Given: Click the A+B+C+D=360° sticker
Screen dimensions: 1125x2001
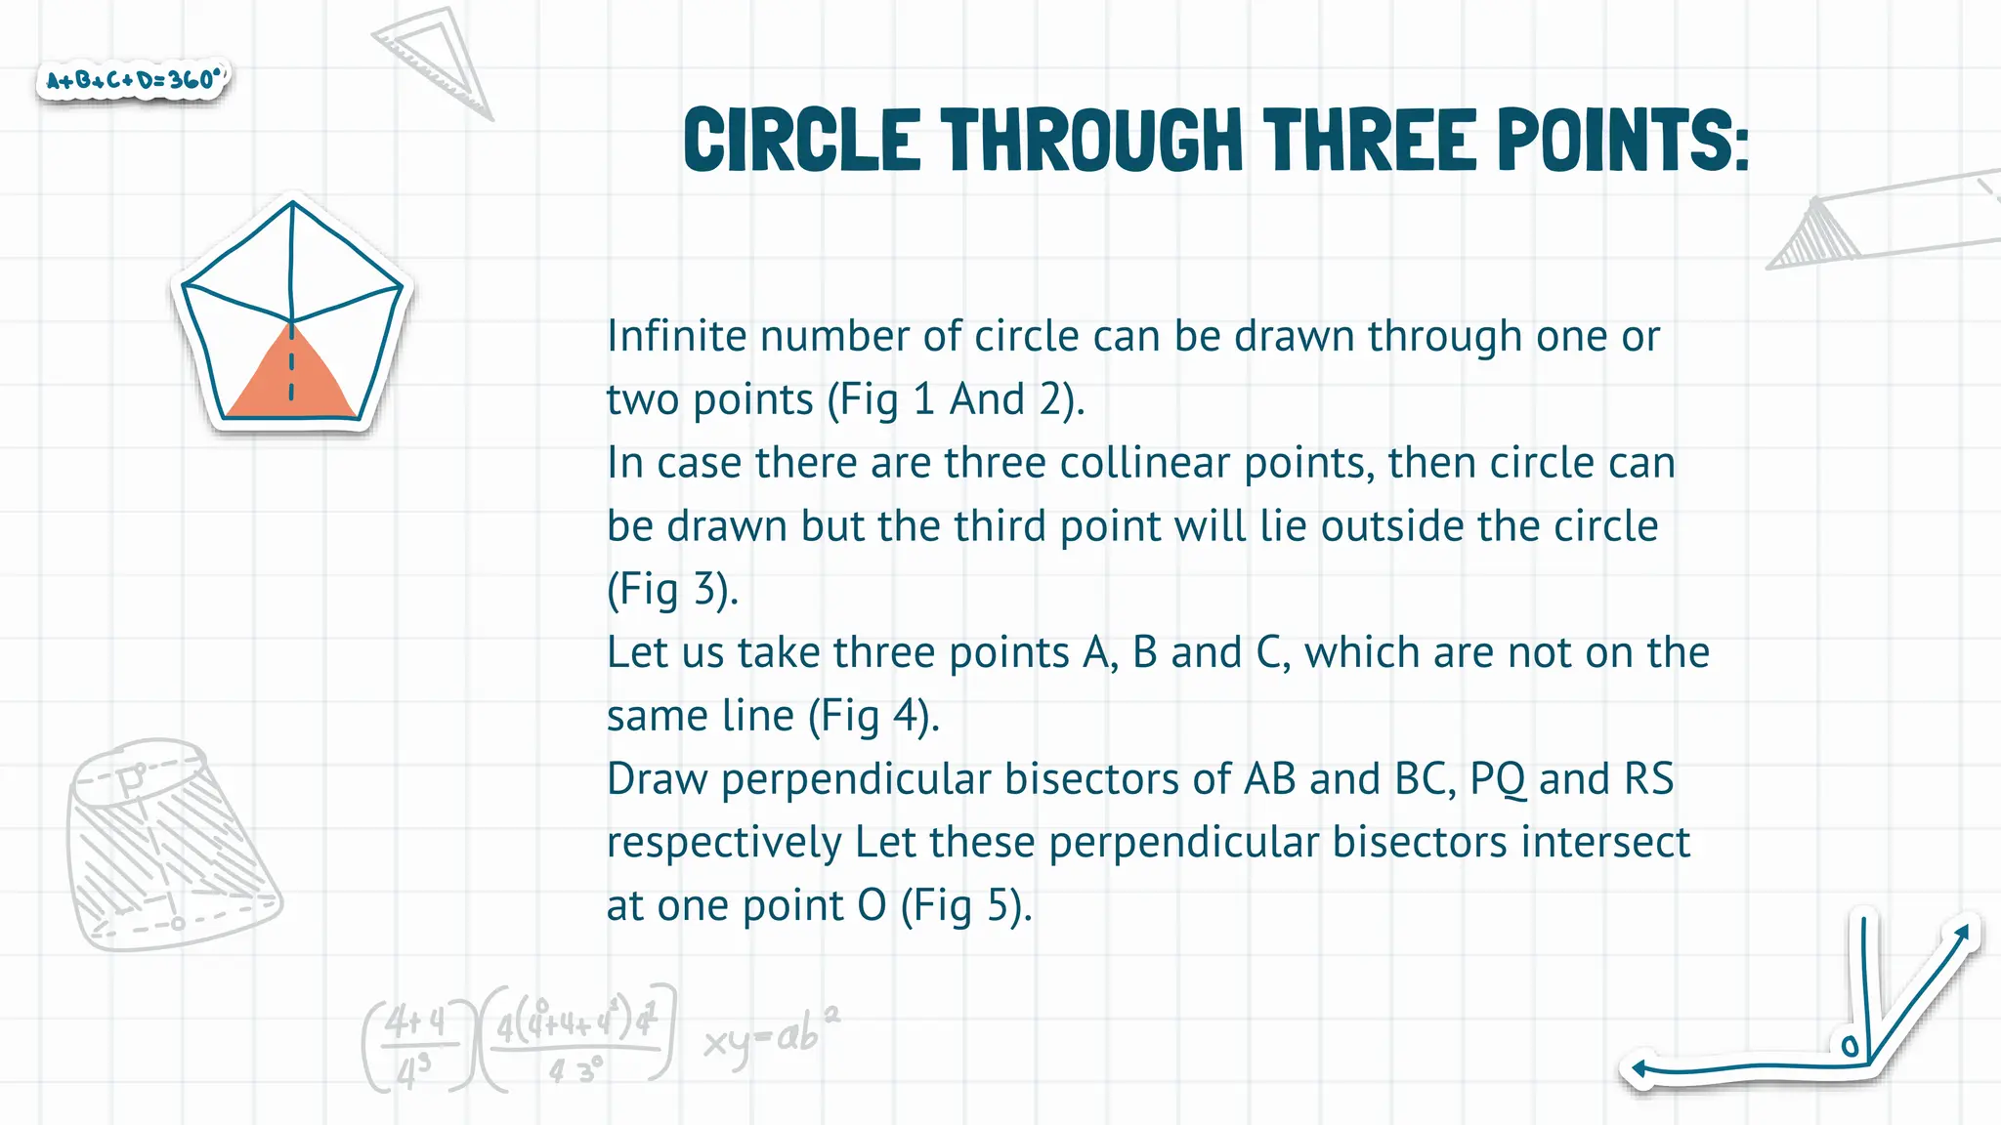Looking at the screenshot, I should click(134, 79).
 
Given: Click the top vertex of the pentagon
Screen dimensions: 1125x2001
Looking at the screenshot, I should click(292, 202).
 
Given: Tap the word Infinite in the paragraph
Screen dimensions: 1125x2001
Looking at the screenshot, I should click(676, 336).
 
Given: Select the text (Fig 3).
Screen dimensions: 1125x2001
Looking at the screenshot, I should click(672, 589).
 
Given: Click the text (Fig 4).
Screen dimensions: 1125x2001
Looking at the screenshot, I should click(873, 716).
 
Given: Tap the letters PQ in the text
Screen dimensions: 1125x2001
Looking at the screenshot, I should click(1497, 779).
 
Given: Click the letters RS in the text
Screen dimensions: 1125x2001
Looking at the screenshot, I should click(1648, 779).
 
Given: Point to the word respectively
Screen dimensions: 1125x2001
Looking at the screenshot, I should click(724, 843).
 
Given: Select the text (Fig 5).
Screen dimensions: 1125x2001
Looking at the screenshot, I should click(965, 905).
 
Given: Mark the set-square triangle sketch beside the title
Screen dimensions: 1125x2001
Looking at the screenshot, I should click(435, 59).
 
